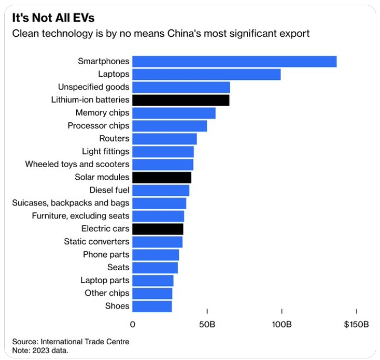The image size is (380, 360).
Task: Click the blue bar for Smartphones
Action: (234, 61)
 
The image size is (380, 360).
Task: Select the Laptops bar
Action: (206, 74)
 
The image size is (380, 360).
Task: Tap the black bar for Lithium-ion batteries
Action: (180, 100)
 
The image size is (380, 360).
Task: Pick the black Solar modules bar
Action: (161, 177)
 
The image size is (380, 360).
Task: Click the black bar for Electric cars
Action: (158, 229)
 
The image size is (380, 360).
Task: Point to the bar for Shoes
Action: (152, 306)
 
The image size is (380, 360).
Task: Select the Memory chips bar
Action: (173, 113)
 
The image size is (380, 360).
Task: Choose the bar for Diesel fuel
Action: (160, 190)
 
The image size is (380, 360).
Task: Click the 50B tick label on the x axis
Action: (207, 324)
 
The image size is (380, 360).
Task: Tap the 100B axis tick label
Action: (282, 324)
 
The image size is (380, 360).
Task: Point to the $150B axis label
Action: (356, 324)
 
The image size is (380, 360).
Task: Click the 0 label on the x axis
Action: (132, 324)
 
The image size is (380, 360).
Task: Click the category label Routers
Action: (114, 139)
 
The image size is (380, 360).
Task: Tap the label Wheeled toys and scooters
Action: (77, 164)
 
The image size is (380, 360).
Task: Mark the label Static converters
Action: (97, 242)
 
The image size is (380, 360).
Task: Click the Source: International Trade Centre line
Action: (70, 342)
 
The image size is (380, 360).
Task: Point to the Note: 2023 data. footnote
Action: (40, 350)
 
